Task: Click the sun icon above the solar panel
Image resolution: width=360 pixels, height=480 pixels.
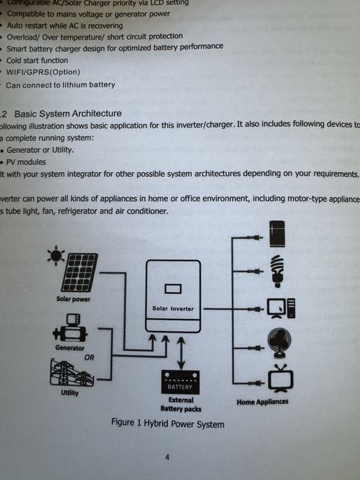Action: click(54, 256)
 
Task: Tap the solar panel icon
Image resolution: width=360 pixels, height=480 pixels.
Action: click(82, 272)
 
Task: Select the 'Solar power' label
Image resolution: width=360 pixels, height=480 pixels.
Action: click(73, 300)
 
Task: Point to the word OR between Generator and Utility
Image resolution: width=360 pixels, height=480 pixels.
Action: click(89, 357)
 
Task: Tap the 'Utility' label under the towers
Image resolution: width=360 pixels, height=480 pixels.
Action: click(69, 394)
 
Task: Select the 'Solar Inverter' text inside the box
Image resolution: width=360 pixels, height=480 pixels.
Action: click(173, 309)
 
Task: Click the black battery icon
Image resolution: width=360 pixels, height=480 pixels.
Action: click(180, 382)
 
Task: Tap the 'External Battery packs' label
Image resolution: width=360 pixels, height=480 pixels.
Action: click(180, 405)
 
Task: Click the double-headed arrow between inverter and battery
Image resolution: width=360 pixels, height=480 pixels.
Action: click(180, 352)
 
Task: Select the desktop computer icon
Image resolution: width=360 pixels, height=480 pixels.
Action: click(282, 309)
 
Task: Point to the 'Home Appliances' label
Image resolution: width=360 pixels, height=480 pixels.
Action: click(263, 402)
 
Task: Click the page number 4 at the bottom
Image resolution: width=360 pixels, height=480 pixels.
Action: click(167, 457)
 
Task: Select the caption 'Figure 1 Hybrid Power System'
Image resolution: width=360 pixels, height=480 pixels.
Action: click(167, 424)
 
